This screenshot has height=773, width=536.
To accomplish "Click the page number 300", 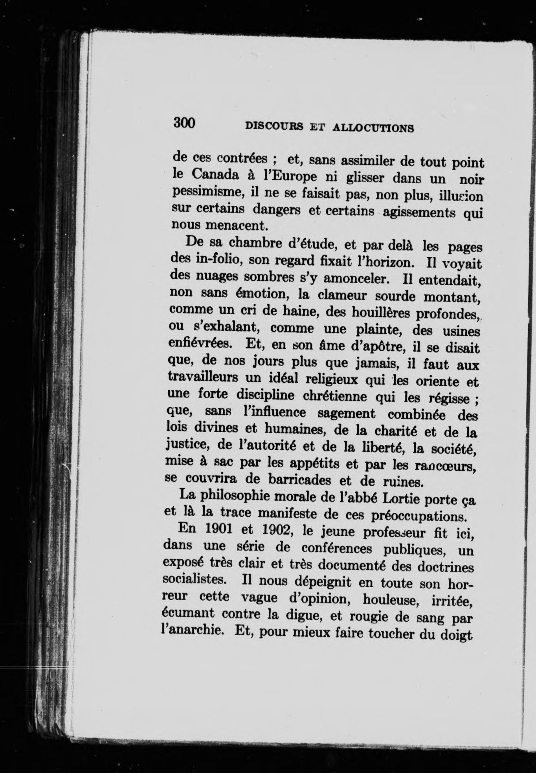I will [184, 123].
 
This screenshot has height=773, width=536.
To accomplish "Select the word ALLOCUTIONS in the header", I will [373, 128].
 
